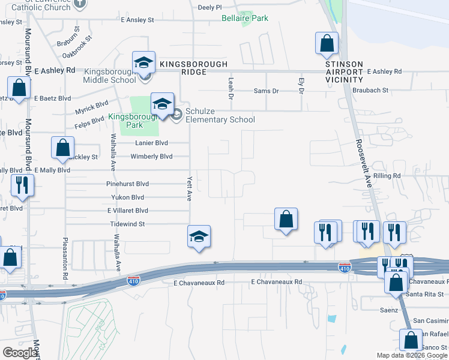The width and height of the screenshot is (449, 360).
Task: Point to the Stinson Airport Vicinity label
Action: tap(344, 71)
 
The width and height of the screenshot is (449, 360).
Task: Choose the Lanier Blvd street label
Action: tap(152, 143)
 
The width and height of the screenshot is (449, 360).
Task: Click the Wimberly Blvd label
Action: tap(151, 157)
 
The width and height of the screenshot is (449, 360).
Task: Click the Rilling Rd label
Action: tap(387, 176)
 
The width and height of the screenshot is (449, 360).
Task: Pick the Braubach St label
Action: tap(370, 91)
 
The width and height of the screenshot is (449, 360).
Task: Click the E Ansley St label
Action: tap(137, 20)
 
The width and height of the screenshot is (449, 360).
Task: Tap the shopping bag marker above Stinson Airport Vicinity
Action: tap(327, 43)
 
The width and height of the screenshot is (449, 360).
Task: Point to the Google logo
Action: tap(20, 353)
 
